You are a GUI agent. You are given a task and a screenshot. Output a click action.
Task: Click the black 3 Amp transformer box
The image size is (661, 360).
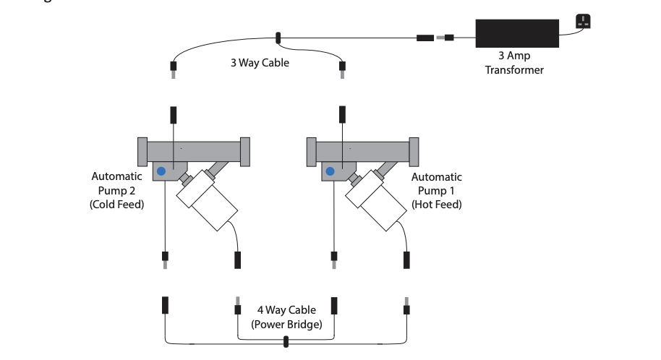click(516, 33)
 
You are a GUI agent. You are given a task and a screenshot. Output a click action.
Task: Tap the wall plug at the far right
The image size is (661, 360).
click(582, 22)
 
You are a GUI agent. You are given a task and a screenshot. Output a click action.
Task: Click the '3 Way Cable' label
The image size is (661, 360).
click(260, 63)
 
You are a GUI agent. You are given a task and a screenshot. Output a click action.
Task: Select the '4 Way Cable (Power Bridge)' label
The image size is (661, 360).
click(286, 317)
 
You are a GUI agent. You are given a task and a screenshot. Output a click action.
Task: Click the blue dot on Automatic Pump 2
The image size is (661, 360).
click(161, 171)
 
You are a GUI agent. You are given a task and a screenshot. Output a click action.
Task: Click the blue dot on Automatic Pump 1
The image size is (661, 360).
click(330, 171)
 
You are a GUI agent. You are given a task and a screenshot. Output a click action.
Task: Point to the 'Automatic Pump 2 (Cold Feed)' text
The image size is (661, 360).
click(116, 190)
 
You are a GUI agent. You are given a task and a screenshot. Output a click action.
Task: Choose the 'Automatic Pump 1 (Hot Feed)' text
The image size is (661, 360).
click(436, 190)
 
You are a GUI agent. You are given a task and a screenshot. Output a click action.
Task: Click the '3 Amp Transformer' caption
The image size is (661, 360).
click(514, 63)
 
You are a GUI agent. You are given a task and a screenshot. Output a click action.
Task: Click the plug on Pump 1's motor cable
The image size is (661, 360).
click(406, 259)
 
